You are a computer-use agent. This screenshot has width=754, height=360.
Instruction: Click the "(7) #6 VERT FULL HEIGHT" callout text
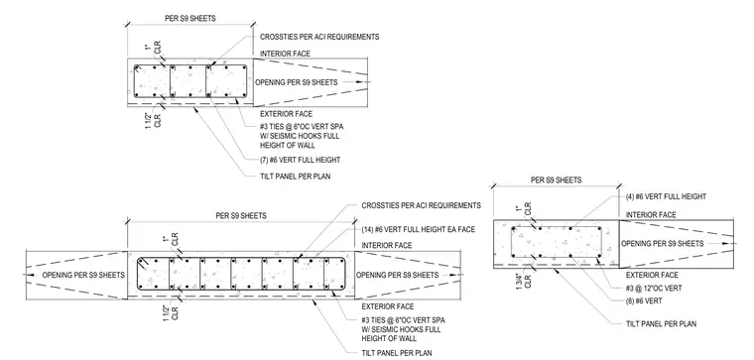pos(300,160)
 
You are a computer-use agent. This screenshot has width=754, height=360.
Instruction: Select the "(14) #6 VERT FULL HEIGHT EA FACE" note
pos(419,230)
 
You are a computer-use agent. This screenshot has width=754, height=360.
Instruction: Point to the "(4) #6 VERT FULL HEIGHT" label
pos(666,196)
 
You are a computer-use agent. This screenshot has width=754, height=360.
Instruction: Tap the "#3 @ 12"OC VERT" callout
pos(654,288)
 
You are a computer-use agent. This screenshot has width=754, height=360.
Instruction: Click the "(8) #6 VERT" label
pos(644,300)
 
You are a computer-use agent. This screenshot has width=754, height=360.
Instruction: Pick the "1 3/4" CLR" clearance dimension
pos(525,281)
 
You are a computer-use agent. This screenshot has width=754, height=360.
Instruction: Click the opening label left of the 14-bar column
pos(83,275)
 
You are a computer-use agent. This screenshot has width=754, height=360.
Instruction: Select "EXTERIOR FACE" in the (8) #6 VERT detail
pos(652,275)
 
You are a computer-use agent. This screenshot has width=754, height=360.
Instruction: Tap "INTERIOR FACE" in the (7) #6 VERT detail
pos(285,54)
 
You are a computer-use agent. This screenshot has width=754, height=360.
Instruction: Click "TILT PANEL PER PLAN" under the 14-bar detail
pos(397,353)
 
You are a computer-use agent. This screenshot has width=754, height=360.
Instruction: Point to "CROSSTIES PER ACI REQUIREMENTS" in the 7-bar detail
pos(319,37)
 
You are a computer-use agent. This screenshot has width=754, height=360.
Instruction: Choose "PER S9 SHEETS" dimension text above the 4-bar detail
pos(556,180)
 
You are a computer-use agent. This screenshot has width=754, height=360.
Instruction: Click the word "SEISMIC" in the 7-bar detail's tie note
pos(284,136)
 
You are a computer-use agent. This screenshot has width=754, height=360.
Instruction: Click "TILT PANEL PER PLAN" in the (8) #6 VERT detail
pos(661,324)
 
